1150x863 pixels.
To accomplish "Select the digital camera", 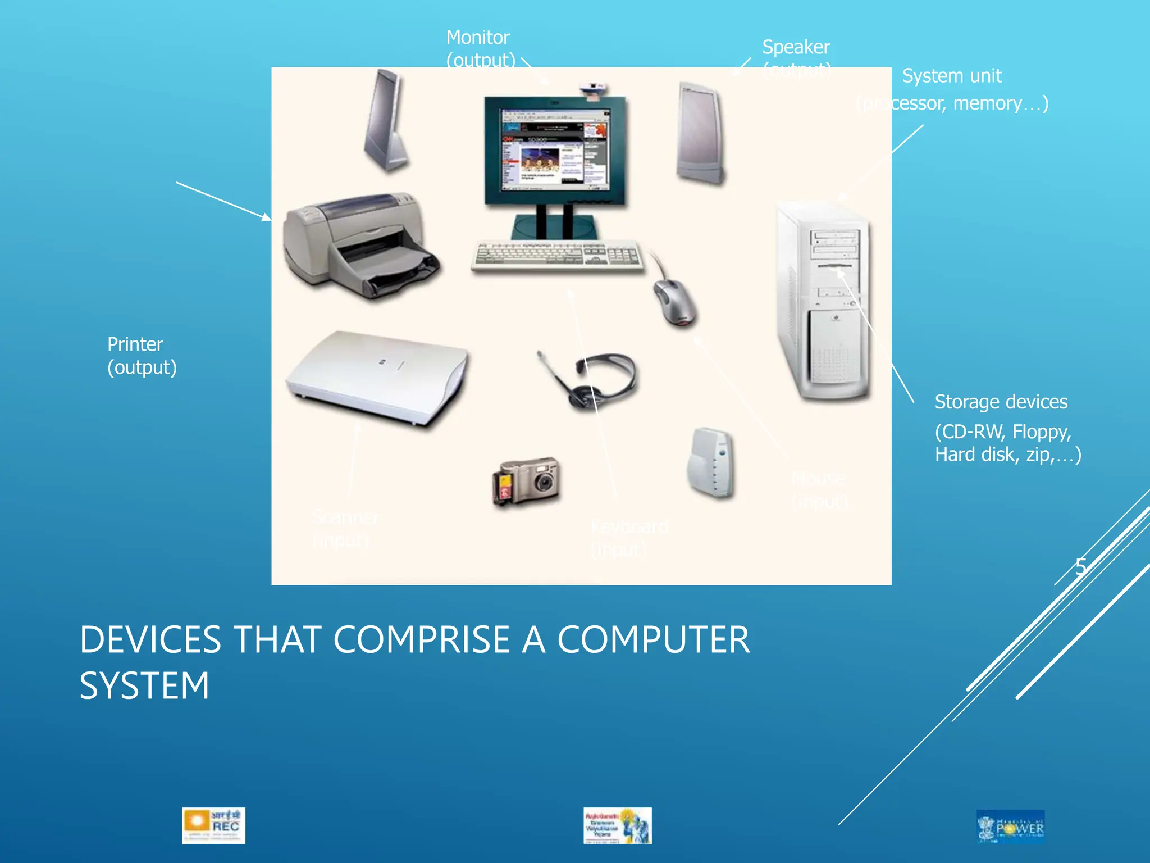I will pyautogui.click(x=526, y=481).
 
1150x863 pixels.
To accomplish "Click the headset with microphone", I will pyautogui.click(x=590, y=379).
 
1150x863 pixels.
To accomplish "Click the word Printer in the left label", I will pyautogui.click(x=135, y=344).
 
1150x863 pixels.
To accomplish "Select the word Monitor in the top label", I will pyautogui.click(x=477, y=38).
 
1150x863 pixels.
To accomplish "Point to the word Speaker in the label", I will pyautogui.click(x=796, y=47).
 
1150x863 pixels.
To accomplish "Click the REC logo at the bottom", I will pyautogui.click(x=213, y=825).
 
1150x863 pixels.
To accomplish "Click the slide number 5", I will pyautogui.click(x=1081, y=566).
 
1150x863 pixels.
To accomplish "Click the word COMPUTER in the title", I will pyautogui.click(x=653, y=640).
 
